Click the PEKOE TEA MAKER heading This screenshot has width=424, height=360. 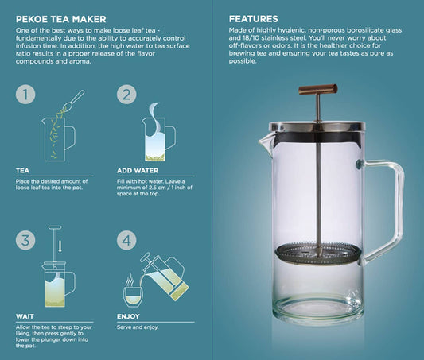(60, 19)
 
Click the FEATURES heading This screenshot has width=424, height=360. (254, 19)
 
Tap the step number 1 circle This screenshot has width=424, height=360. (25, 95)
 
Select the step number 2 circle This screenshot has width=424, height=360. (126, 95)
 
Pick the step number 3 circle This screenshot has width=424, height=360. (25, 240)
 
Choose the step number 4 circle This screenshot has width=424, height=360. (126, 240)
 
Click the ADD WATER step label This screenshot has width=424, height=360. (138, 171)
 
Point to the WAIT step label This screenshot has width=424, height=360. (25, 316)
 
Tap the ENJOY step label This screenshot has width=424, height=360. (128, 316)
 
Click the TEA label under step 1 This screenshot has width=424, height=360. (22, 171)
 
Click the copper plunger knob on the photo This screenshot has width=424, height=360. (318, 89)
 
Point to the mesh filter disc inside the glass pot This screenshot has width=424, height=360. (318, 253)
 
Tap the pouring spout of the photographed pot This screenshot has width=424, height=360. (265, 143)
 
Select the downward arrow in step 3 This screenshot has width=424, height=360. (60, 246)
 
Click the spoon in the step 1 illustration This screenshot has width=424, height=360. (73, 99)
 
